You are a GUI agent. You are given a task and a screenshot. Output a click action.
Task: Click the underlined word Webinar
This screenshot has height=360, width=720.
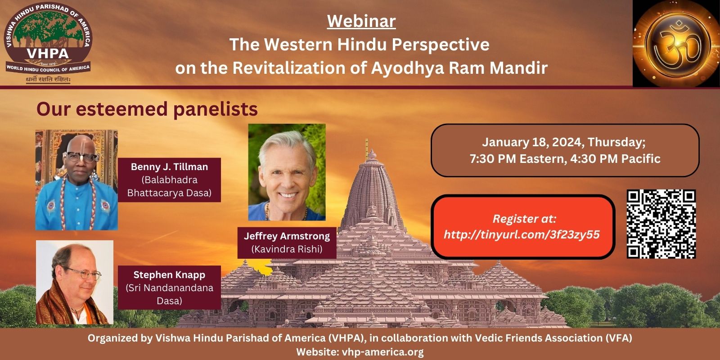point(361,21)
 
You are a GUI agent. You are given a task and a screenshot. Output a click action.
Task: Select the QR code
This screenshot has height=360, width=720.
point(661,224)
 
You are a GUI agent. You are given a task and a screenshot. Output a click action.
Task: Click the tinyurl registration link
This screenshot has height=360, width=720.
point(522,234)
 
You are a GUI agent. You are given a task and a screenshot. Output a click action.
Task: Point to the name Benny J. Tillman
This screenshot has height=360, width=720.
point(169,167)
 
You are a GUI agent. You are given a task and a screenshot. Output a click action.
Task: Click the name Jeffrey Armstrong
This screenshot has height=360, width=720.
point(287,236)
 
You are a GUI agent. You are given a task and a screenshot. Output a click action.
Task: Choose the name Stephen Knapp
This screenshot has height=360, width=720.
point(169,275)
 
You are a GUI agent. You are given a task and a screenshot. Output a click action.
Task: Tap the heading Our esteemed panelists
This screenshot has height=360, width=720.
point(147,109)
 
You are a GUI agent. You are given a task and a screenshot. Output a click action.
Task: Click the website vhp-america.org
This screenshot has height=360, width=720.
point(383,351)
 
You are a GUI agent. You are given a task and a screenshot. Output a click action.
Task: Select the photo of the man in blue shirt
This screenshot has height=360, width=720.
point(76,180)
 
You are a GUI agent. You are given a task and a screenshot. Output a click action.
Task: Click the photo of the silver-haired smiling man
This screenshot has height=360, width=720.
point(287,172)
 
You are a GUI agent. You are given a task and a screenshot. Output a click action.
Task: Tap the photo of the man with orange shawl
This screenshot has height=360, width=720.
point(75,282)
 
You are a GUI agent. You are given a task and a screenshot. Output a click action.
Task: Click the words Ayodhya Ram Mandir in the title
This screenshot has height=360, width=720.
point(459,68)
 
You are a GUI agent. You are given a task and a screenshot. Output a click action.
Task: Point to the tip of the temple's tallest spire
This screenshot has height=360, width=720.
point(367,139)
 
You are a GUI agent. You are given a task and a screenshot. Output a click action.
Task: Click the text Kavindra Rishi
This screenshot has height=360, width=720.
point(287,249)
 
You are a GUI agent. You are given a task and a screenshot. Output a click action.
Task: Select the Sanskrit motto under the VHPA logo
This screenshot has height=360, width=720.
point(48,80)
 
